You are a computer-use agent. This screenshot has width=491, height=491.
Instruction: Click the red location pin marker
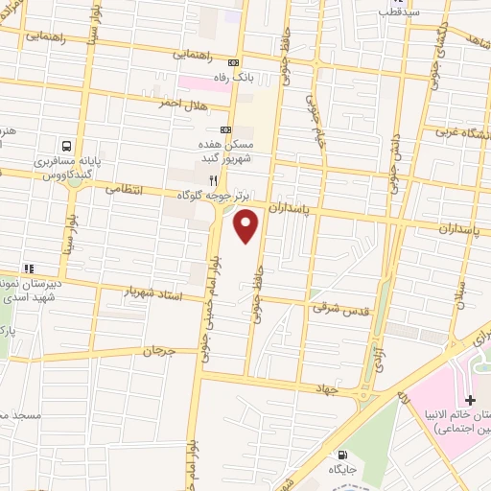[x=247, y=226]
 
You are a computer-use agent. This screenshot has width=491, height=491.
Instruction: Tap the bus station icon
[x=65, y=147]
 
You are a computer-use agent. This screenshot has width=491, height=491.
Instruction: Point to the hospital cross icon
[x=469, y=398]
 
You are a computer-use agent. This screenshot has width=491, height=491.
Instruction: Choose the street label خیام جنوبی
[x=314, y=120]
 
